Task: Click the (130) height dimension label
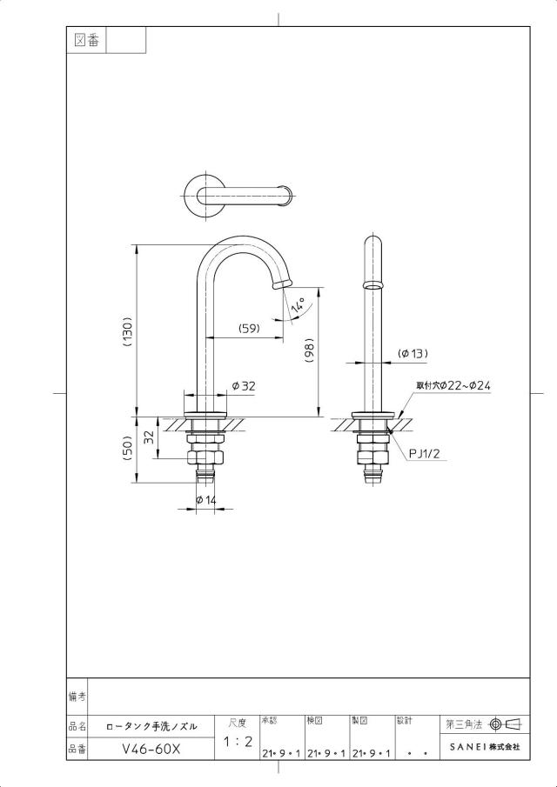click(127, 332)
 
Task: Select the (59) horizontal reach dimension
click(249, 328)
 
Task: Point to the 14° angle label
click(298, 305)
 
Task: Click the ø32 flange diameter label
click(244, 386)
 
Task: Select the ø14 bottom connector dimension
click(205, 500)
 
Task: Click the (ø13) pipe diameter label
click(413, 353)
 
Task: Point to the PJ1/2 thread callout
click(425, 454)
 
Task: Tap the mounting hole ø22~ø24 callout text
click(453, 386)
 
